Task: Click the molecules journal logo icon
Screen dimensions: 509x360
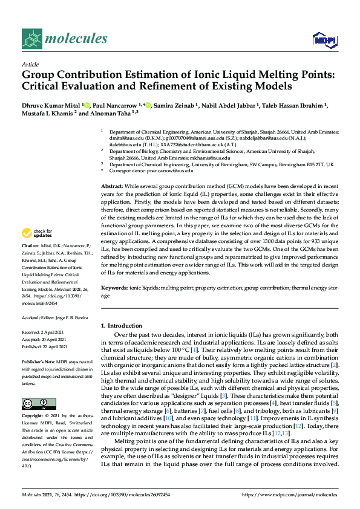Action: tap(33, 39)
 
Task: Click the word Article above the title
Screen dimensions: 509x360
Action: tap(30, 64)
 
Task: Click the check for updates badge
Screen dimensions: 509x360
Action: tap(37, 251)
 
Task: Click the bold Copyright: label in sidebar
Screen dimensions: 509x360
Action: tap(33, 416)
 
